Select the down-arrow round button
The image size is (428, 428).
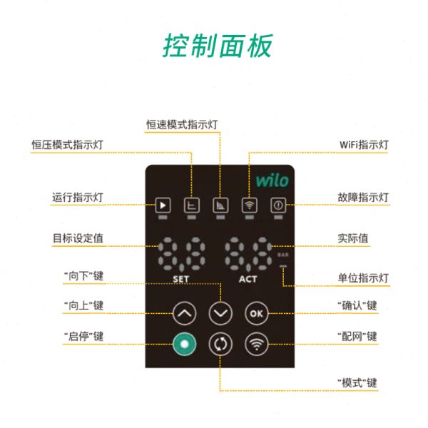click(x=220, y=312)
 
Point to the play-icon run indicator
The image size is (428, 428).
click(x=163, y=205)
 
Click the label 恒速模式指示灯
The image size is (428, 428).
click(x=181, y=123)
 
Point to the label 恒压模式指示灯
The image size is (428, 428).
click(x=67, y=144)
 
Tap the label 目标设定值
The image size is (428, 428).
click(x=78, y=238)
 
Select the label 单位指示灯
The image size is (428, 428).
click(x=363, y=277)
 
